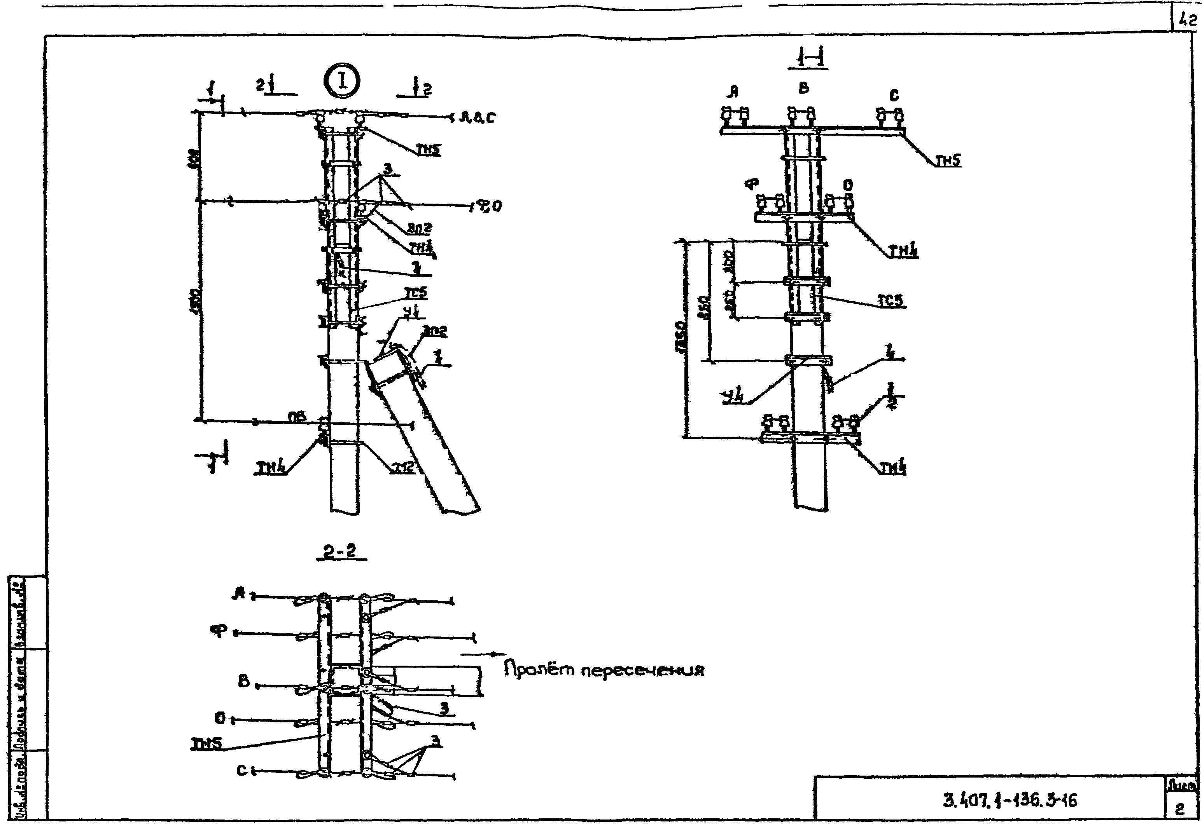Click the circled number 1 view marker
pyautogui.click(x=342, y=80)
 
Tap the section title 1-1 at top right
pyautogui.click(x=807, y=58)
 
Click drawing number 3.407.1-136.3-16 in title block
pyautogui.click(x=1010, y=799)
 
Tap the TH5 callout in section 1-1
pyautogui.click(x=948, y=162)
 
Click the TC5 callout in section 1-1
pyautogui.click(x=891, y=301)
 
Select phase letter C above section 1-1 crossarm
pyautogui.click(x=894, y=95)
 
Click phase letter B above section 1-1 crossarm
pyautogui.click(x=804, y=89)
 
